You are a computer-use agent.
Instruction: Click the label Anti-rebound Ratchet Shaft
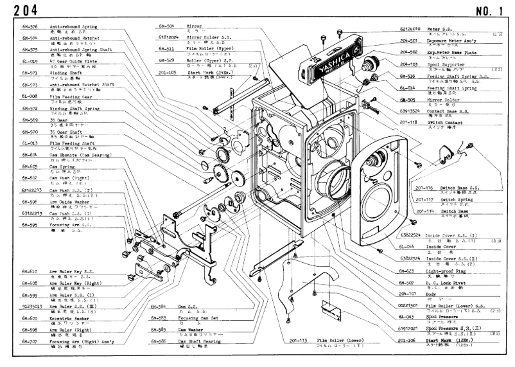[x=82, y=84]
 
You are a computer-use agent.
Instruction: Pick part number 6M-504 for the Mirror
[x=167, y=26]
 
